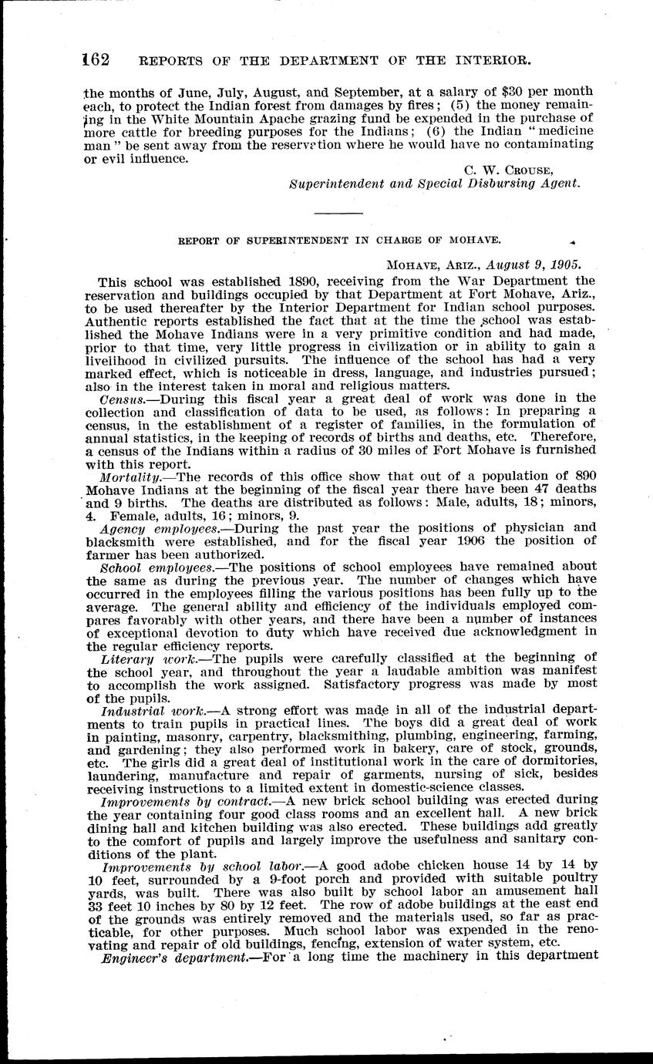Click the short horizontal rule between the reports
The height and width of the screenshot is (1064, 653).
tap(338, 212)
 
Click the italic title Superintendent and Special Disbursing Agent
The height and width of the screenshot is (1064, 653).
tap(433, 184)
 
